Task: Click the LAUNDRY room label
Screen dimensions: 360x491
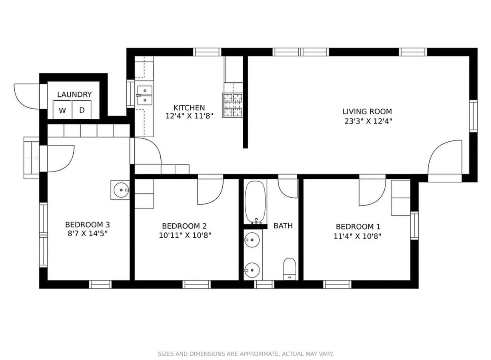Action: (74, 95)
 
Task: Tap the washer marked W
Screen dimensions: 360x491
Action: (62, 110)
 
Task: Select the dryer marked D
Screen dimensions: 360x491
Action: (82, 110)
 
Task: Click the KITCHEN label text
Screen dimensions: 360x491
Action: (189, 108)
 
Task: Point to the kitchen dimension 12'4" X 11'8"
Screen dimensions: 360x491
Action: (189, 116)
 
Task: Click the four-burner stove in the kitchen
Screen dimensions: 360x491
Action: (233, 105)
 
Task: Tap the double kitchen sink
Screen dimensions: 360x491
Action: (144, 95)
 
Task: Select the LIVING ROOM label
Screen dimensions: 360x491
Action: (367, 112)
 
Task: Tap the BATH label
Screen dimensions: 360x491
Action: (283, 226)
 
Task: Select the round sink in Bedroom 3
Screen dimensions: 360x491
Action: (120, 190)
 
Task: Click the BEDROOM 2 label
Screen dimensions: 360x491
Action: (184, 226)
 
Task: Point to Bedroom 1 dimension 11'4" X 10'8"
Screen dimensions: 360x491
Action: (357, 236)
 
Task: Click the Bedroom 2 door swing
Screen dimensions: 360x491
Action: (209, 191)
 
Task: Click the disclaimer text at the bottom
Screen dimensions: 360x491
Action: (245, 354)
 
